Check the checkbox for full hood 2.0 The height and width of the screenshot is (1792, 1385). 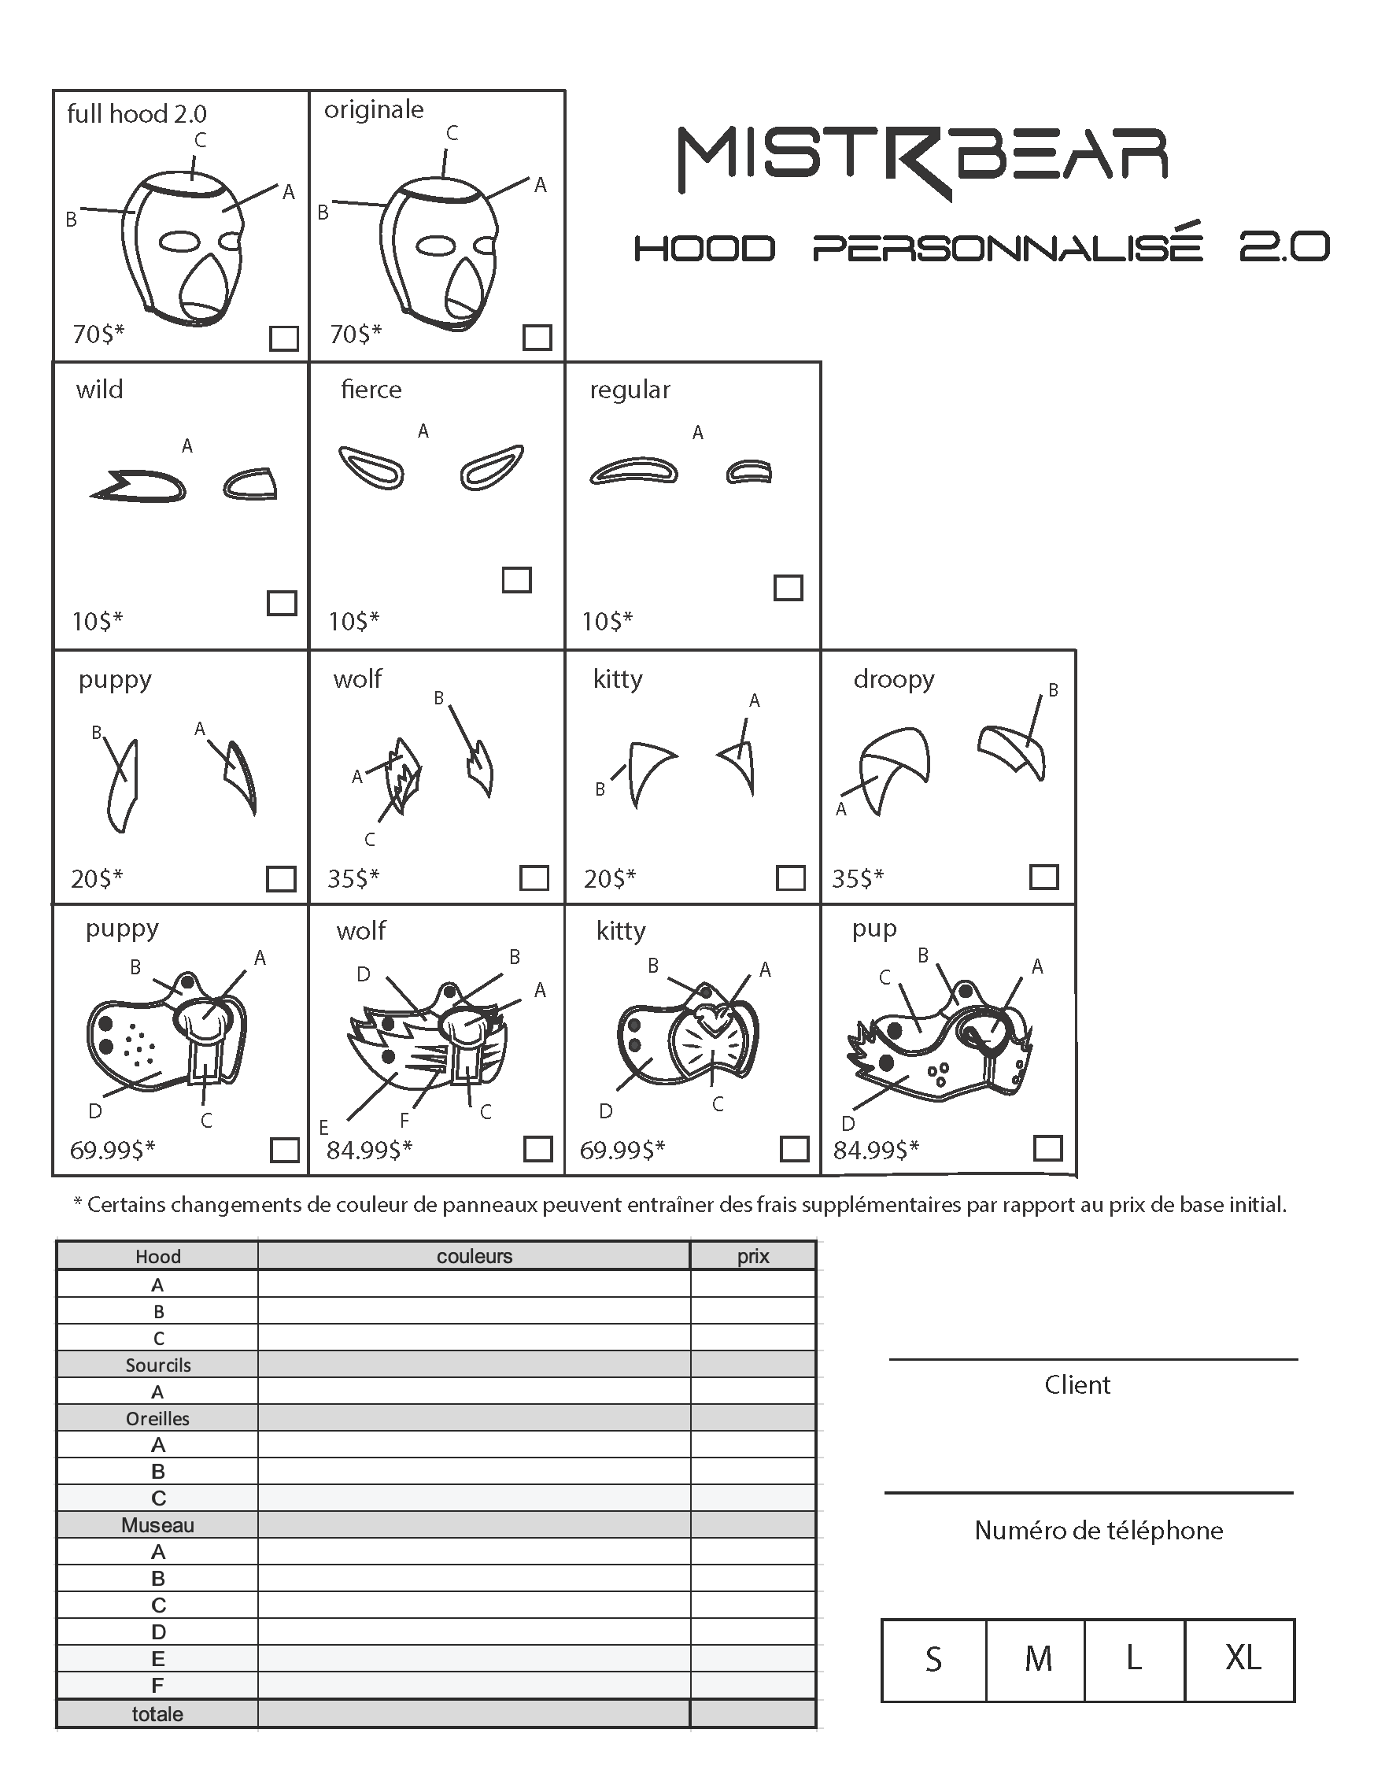pyautogui.click(x=284, y=338)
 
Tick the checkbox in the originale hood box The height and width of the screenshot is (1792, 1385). pyautogui.click(x=537, y=338)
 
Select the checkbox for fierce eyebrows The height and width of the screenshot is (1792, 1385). pyautogui.click(x=517, y=580)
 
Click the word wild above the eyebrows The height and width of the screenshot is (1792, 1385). pyautogui.click(x=99, y=389)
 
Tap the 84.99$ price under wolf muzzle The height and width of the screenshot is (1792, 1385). pyautogui.click(x=369, y=1151)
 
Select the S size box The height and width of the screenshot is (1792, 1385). pyautogui.click(x=934, y=1658)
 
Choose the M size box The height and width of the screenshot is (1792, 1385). pyautogui.click(x=1036, y=1658)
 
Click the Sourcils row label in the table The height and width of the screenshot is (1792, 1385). pyautogui.click(x=157, y=1365)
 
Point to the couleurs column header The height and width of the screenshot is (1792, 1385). pyautogui.click(x=475, y=1256)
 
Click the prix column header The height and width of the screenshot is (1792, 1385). pyautogui.click(x=752, y=1256)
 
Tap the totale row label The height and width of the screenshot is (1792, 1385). pyautogui.click(x=157, y=1714)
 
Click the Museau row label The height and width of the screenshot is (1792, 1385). pyautogui.click(x=157, y=1525)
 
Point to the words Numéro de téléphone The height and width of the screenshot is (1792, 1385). pyautogui.click(x=1098, y=1530)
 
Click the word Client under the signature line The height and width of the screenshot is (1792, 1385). pyautogui.click(x=1077, y=1385)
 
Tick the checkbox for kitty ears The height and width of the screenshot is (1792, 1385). pyautogui.click(x=790, y=878)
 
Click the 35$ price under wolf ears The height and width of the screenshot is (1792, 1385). pyautogui.click(x=353, y=879)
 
